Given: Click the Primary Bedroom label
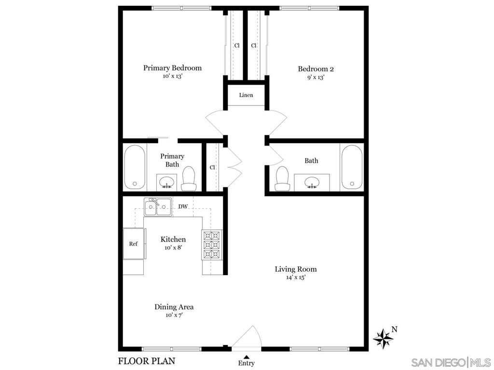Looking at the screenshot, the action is pos(172,67).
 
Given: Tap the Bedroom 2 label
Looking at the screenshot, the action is pos(316,69).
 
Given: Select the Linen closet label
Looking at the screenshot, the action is pos(246,95).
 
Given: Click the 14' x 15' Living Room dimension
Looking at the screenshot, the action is pos(296,277).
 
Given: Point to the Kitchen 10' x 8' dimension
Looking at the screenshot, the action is pos(173,248).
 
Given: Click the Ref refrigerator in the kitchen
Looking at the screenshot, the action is pos(134,243).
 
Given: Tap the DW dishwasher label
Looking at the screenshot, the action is pos(183,207).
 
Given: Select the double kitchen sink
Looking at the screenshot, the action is pos(158,207).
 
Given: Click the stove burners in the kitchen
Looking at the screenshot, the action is pos(211,245).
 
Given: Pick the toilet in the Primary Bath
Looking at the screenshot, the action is pos(189,178).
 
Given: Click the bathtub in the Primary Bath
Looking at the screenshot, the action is pos(135,167).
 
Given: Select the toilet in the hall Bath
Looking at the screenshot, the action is pos(282,178).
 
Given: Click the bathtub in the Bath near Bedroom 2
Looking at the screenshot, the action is pos(352,167).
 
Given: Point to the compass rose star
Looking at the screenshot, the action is pos(384,339).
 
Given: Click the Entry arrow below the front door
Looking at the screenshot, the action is pos(247,357).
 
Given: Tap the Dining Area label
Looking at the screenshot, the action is pos(174,307).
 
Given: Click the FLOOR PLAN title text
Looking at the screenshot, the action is pos(147,361).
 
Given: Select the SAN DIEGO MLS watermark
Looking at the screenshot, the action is pos(451,362).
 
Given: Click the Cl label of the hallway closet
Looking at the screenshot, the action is pos(212,167).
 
